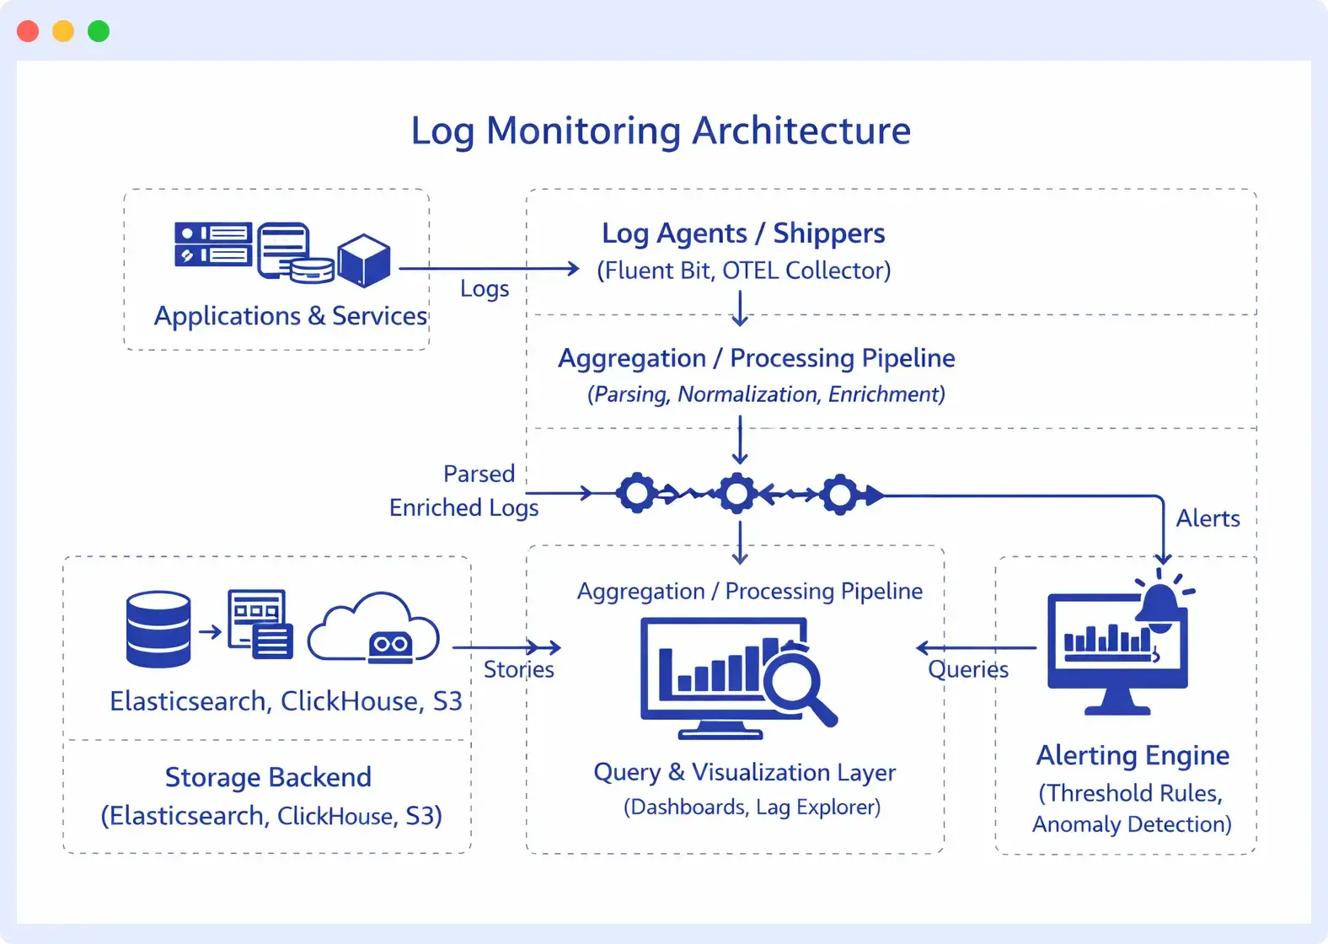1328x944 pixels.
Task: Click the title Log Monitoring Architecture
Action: coord(661,131)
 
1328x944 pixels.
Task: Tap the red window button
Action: coord(28,31)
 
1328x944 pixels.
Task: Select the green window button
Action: coord(99,31)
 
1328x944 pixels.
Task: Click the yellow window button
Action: coord(63,31)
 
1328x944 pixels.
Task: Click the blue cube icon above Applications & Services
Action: coord(364,260)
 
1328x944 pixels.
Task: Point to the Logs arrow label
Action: coord(485,289)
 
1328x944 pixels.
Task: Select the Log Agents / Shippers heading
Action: coord(743,233)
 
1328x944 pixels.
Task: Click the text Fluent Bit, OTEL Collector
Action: coord(743,271)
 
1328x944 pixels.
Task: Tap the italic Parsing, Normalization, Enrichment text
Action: coord(766,394)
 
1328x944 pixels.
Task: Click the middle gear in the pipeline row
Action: coord(737,494)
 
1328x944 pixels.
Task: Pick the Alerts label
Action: coord(1208,518)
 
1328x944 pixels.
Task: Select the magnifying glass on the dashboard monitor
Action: coord(797,679)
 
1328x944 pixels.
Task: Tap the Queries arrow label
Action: coord(968,670)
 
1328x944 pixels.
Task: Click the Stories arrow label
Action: coord(519,670)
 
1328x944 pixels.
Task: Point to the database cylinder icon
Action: coord(158,629)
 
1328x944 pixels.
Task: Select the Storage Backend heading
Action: coord(268,777)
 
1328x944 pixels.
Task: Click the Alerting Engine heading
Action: coord(1133,756)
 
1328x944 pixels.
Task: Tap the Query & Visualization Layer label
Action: coord(744,772)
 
